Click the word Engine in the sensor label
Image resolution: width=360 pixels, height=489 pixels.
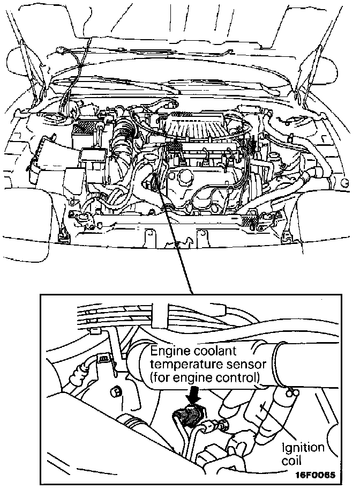point(168,352)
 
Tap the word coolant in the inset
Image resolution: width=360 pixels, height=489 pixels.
point(211,352)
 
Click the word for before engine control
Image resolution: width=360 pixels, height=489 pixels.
point(161,377)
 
